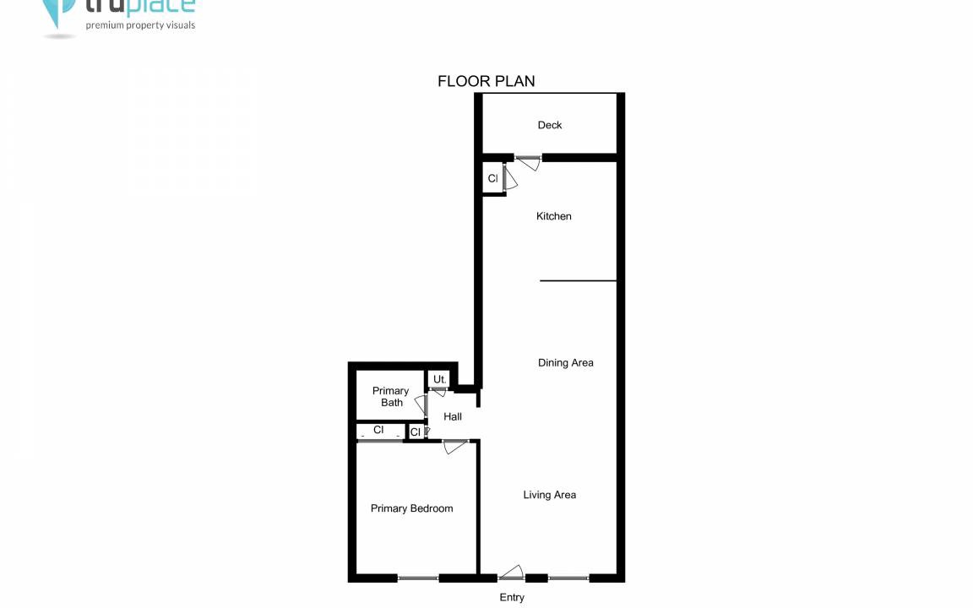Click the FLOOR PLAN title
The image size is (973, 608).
click(x=486, y=81)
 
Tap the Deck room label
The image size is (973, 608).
click(x=550, y=125)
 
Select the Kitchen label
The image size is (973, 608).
click(x=553, y=216)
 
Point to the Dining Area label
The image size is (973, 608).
click(x=565, y=363)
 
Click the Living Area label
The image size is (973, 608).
click(x=549, y=495)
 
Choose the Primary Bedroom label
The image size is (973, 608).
click(x=411, y=508)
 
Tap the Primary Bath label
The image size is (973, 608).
click(x=391, y=396)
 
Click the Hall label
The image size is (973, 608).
click(x=453, y=417)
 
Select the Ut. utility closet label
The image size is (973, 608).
click(x=439, y=379)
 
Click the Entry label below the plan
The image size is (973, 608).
click(x=512, y=598)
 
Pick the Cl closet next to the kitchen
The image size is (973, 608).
click(x=492, y=179)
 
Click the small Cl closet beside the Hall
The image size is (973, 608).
click(x=416, y=432)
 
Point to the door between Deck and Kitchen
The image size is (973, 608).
click(x=528, y=162)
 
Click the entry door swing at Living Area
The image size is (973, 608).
click(x=511, y=573)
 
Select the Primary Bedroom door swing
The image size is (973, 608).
click(x=455, y=446)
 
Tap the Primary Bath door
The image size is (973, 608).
click(x=421, y=404)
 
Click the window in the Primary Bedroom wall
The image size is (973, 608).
click(x=418, y=578)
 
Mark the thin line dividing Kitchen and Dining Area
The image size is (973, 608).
click(x=578, y=281)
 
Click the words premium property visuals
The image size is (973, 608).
click(x=140, y=25)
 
